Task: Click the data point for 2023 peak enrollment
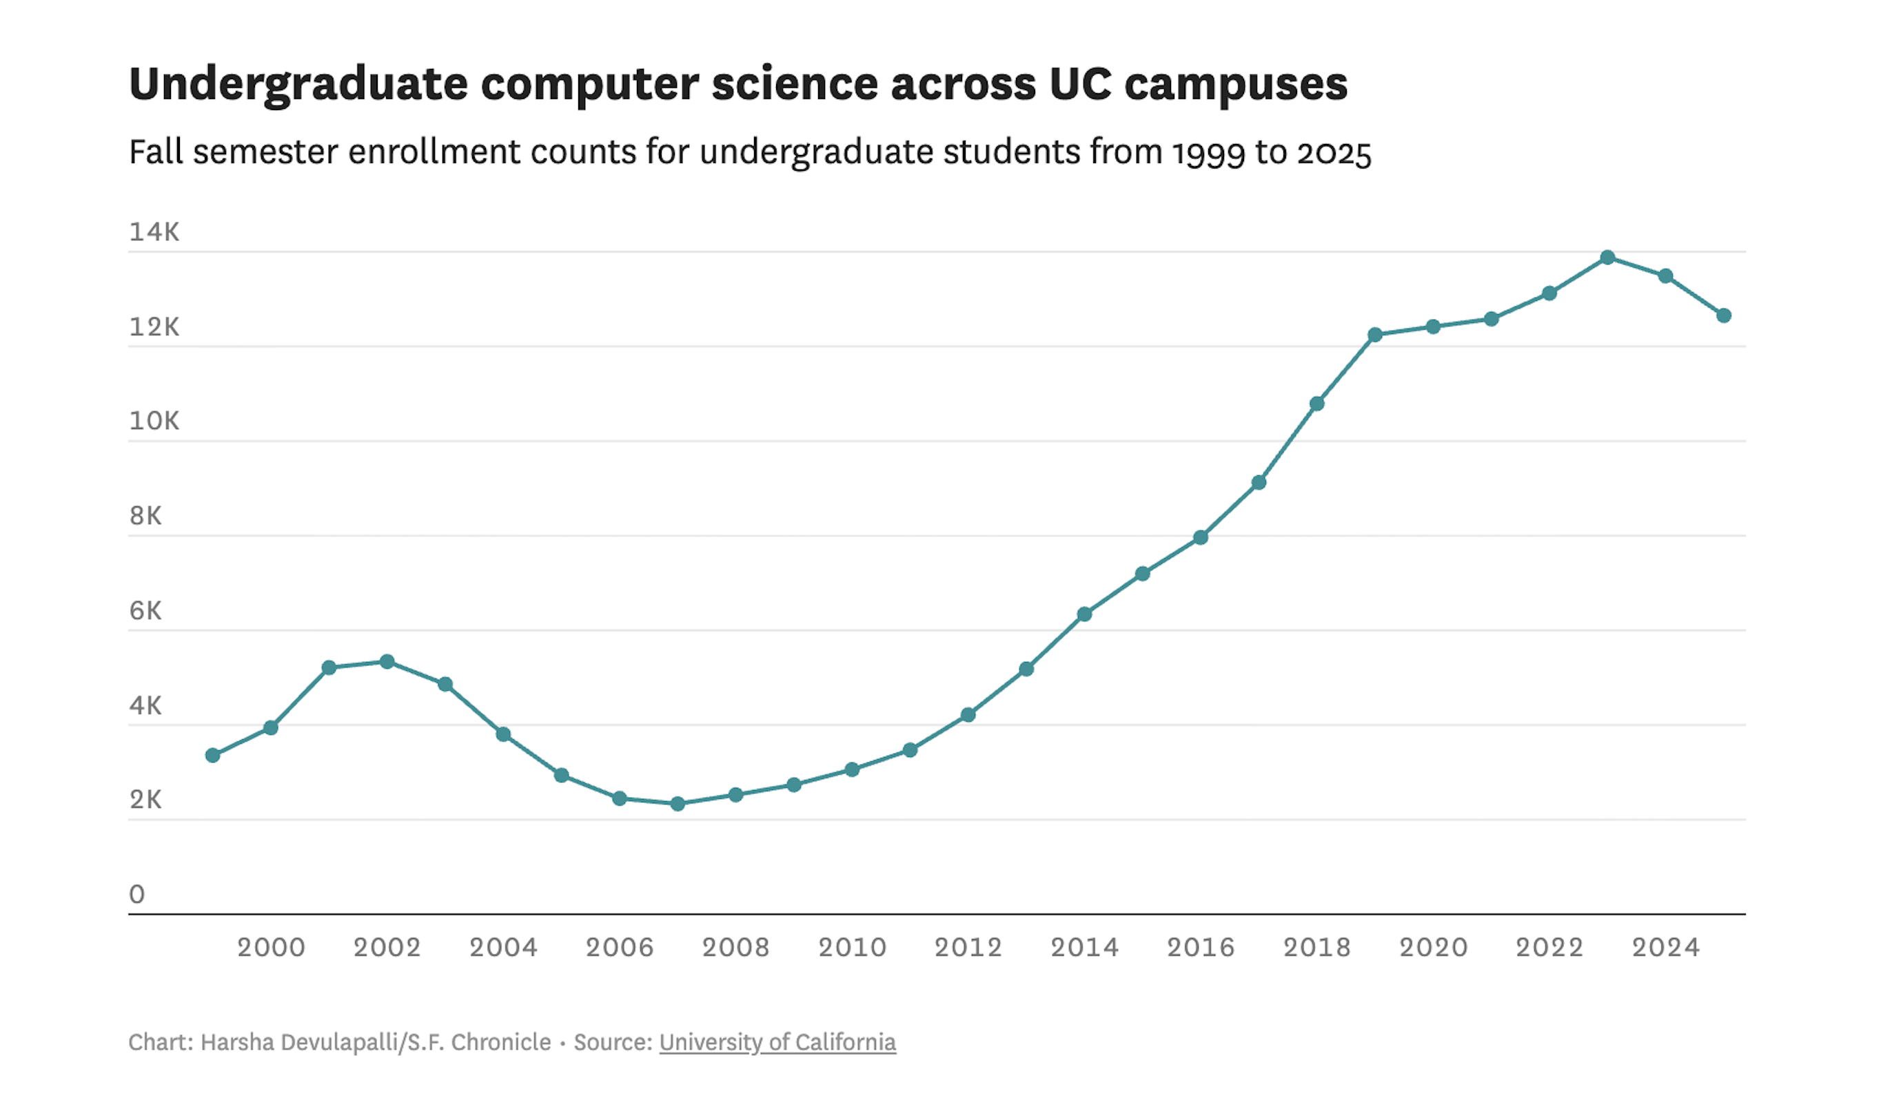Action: pos(1607,258)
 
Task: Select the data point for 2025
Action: pos(1723,315)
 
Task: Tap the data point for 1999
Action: pos(213,756)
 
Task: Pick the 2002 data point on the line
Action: pos(387,662)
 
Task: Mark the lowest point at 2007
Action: pos(678,804)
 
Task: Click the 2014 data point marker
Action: pos(1084,614)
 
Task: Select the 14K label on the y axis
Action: pos(154,231)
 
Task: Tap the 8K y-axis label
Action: pos(145,515)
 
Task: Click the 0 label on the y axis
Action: pos(136,895)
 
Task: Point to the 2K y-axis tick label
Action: pos(145,800)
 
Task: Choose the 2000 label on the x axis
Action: pos(271,947)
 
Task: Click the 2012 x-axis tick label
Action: pos(968,947)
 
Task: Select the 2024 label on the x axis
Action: pos(1665,947)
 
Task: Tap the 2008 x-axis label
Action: pos(735,947)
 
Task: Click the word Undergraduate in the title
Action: pos(298,85)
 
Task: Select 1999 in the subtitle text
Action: pos(1208,153)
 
